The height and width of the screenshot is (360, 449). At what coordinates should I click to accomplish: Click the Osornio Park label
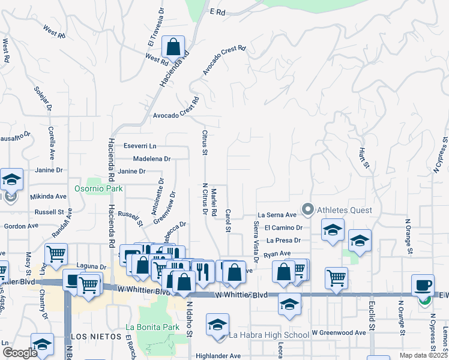tap(98, 188)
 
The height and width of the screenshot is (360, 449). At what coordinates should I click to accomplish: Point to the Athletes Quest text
tap(343, 211)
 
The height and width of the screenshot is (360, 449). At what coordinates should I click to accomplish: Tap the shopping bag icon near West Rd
tap(173, 48)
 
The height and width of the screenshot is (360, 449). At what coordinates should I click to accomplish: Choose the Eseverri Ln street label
tap(140, 146)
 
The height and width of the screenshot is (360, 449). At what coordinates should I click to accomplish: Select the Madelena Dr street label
tap(152, 159)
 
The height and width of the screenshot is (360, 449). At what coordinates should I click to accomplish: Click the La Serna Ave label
tap(277, 215)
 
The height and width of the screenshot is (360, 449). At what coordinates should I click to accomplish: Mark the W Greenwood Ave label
tap(339, 332)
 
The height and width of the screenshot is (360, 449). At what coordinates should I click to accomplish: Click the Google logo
tap(19, 352)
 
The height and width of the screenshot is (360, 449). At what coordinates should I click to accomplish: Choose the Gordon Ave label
tap(21, 226)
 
